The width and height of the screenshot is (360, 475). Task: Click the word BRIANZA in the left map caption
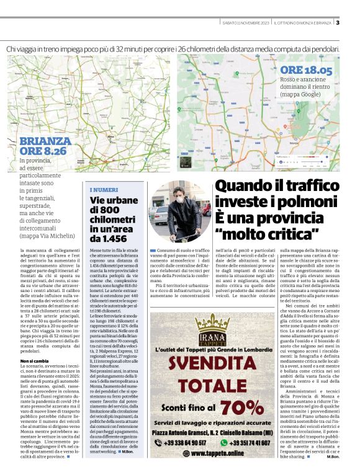pos(45,141)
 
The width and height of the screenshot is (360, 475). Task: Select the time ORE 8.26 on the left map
pos(43,151)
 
